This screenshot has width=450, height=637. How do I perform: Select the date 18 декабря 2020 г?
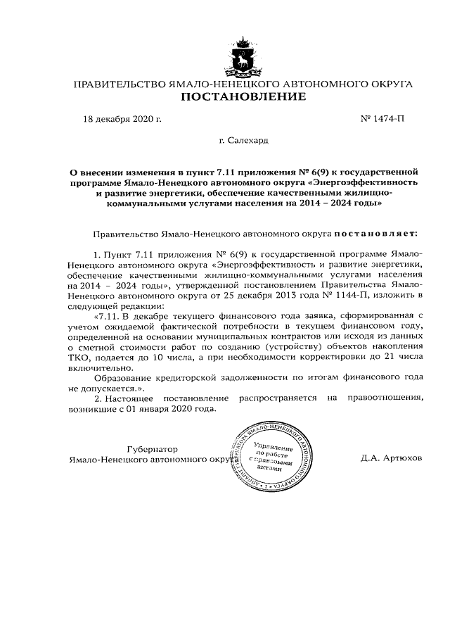[122, 118]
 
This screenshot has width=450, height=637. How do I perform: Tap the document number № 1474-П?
[384, 118]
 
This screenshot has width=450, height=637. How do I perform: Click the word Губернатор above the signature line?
[153, 448]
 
